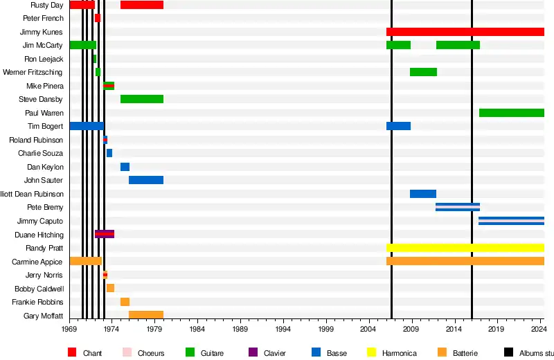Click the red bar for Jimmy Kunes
[x=465, y=32]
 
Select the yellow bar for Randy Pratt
[x=465, y=248]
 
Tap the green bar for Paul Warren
[x=511, y=113]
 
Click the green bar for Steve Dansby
[x=142, y=99]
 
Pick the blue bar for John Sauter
[x=146, y=180]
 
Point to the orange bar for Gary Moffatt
[x=146, y=315]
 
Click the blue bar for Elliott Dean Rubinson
[x=423, y=194]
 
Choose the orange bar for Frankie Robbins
[x=125, y=302]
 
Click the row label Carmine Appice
[x=37, y=262]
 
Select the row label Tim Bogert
[x=45, y=127]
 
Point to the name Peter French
[x=43, y=19]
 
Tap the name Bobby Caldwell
[x=40, y=289]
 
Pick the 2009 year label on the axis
[x=412, y=330]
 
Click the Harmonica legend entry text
[x=398, y=354]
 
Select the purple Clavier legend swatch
[x=253, y=353]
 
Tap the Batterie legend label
[x=464, y=354]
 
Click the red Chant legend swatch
[x=72, y=353]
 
